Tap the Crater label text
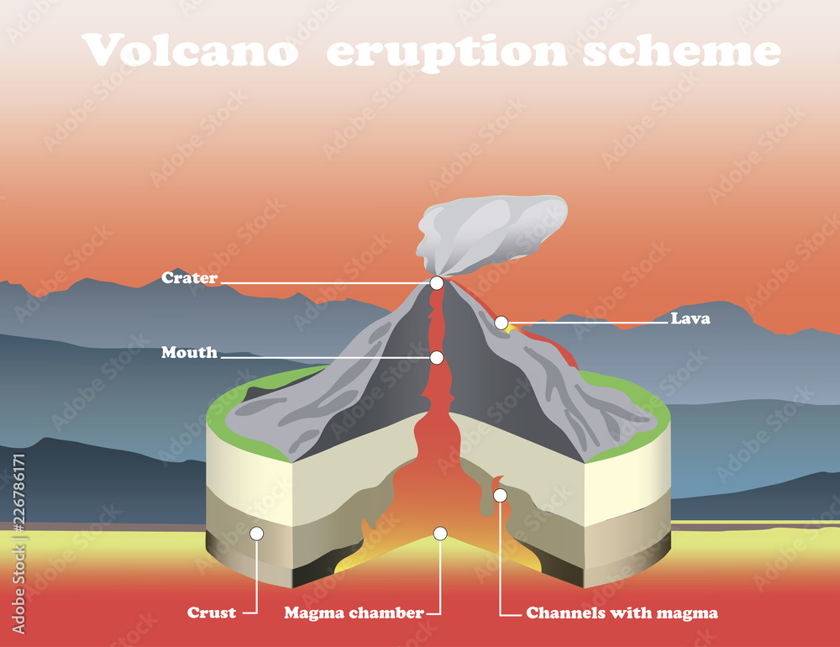(x=189, y=278)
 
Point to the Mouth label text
(x=189, y=353)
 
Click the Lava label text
(x=690, y=318)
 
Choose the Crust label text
(x=212, y=613)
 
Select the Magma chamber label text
(x=354, y=613)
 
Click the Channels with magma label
(x=622, y=613)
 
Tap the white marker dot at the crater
(x=437, y=283)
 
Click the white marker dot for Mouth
(x=437, y=358)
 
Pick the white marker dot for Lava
(x=501, y=323)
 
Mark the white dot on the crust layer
(x=257, y=534)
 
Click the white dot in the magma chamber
(x=439, y=534)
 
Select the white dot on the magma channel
(x=500, y=496)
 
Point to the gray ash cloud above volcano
(x=487, y=231)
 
